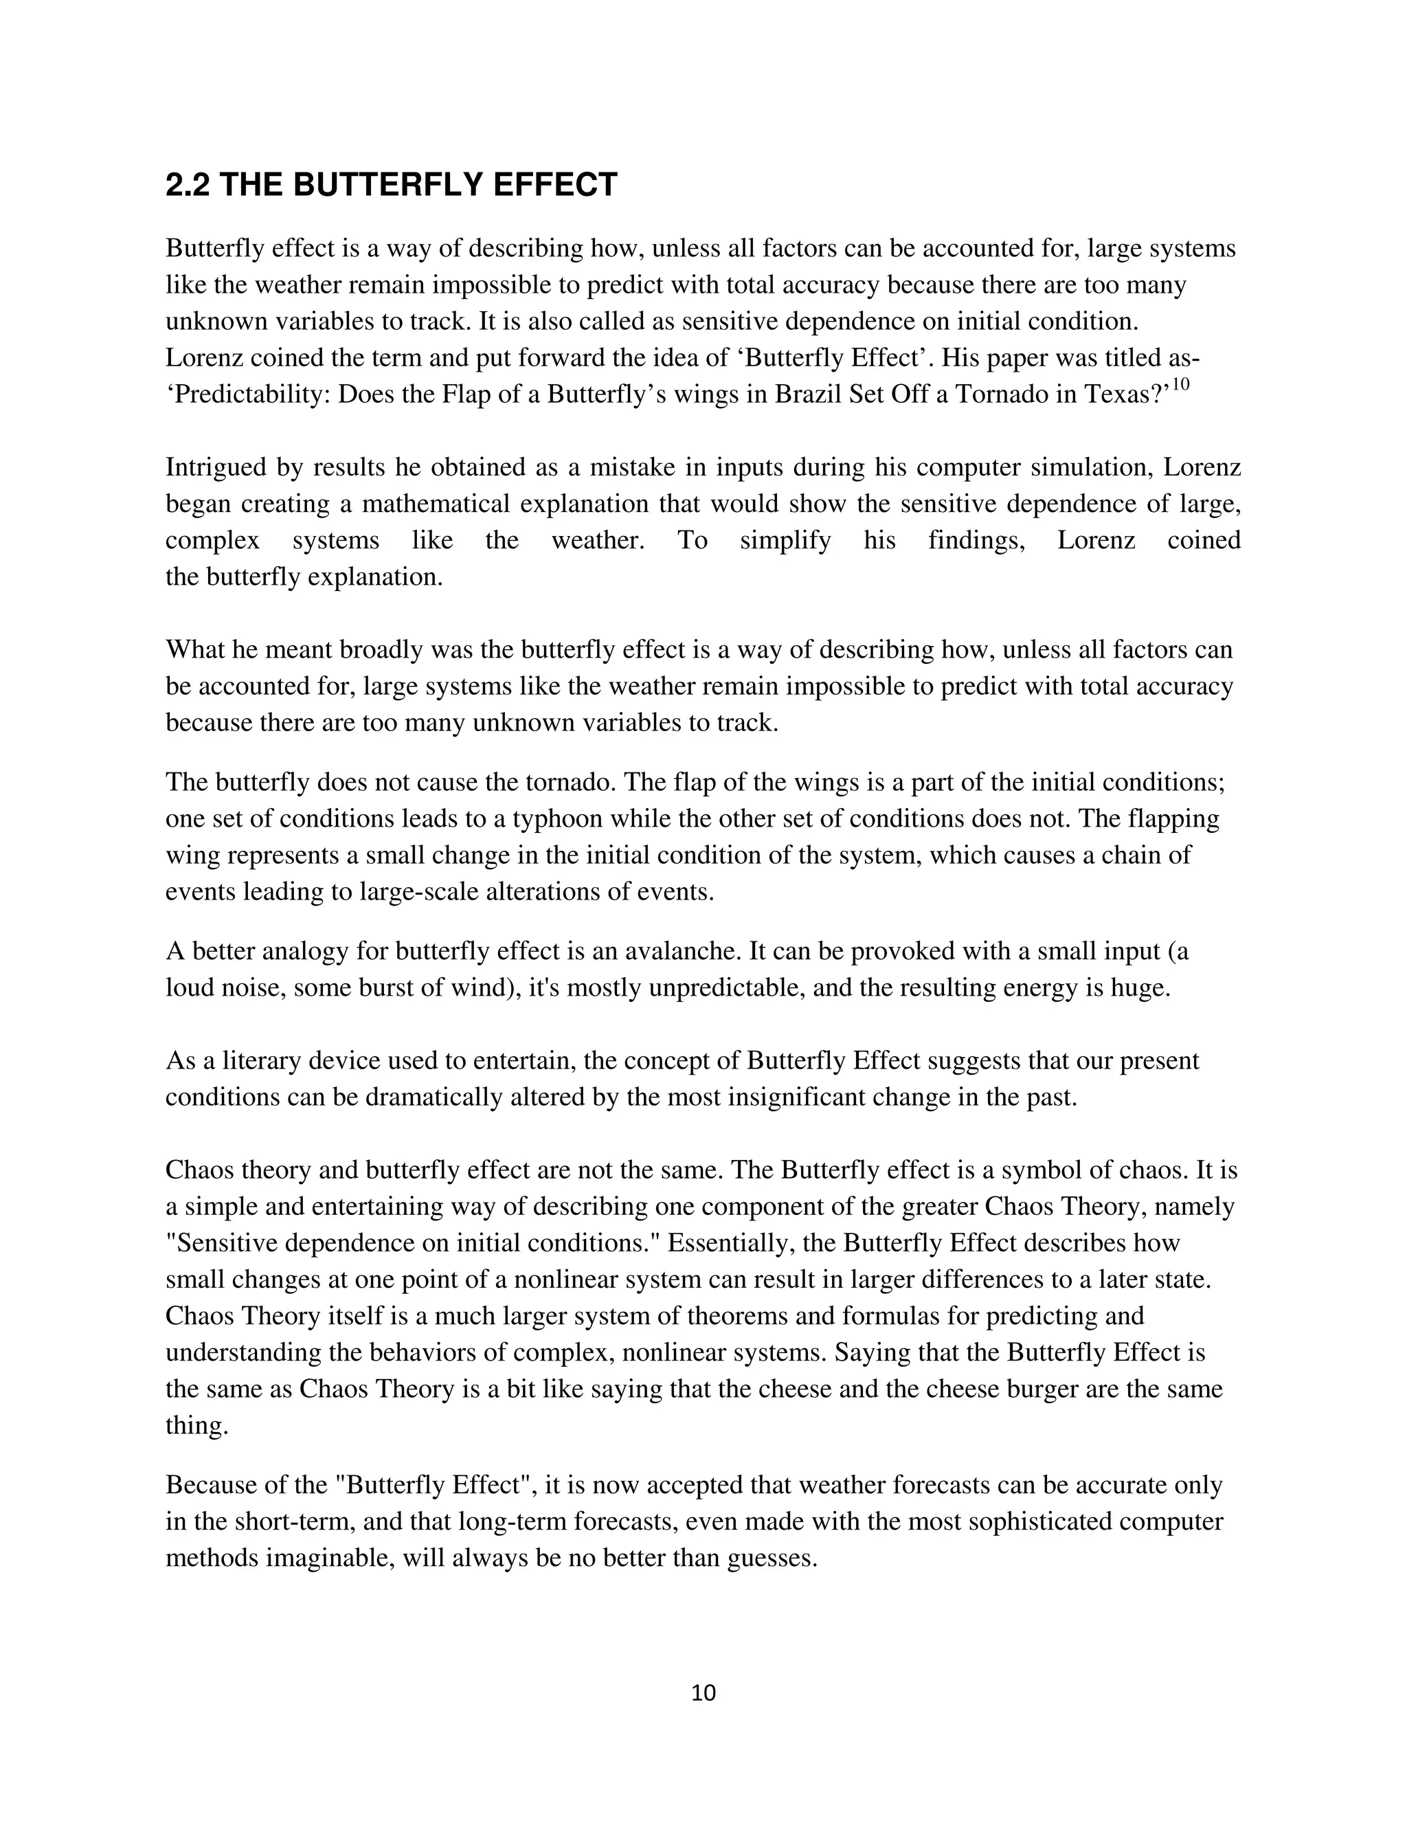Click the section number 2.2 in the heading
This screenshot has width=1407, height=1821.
188,185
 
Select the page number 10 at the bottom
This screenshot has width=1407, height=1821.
703,1692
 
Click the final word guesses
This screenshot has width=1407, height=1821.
771,1559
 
